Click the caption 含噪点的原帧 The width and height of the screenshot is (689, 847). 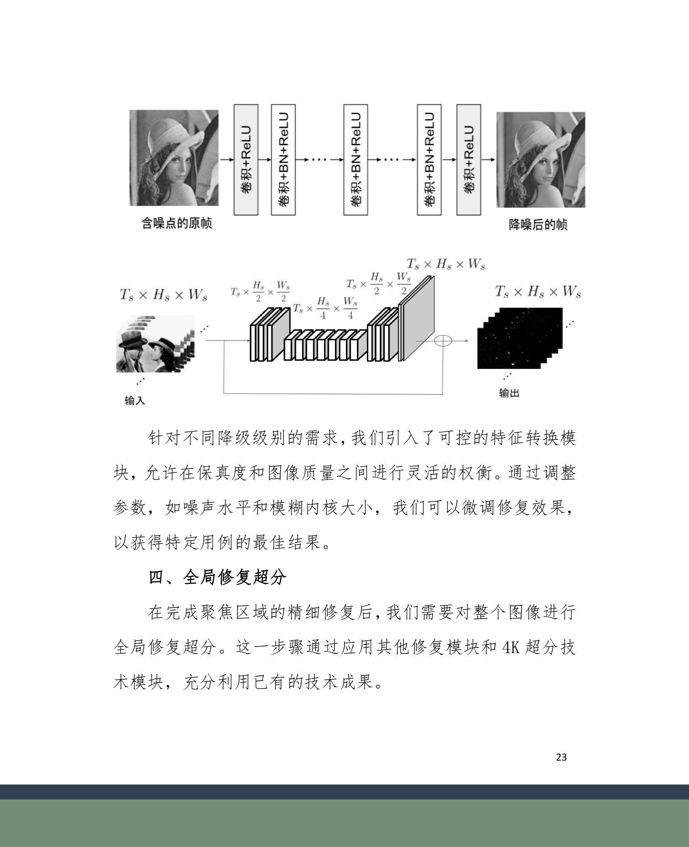point(176,223)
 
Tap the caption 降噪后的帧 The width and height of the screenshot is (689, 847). point(538,225)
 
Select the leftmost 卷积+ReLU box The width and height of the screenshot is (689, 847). point(246,159)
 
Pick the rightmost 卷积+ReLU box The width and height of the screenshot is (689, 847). point(469,159)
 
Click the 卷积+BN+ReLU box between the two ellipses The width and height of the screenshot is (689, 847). point(356,159)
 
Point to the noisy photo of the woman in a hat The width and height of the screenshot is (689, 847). point(174,158)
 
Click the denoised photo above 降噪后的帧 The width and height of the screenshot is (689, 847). point(541,159)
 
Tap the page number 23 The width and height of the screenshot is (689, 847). point(561,757)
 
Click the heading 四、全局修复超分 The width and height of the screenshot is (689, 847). point(217,578)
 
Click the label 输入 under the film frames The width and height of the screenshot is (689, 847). point(134,401)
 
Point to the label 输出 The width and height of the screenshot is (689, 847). point(509,393)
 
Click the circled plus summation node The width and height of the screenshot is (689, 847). point(443,340)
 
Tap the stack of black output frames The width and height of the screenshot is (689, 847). point(520,338)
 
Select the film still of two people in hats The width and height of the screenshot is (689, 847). point(154,344)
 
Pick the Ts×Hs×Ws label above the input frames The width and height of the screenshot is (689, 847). point(163,295)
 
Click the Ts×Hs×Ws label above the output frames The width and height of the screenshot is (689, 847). point(538,292)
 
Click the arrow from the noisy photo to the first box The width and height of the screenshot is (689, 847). point(226,159)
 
